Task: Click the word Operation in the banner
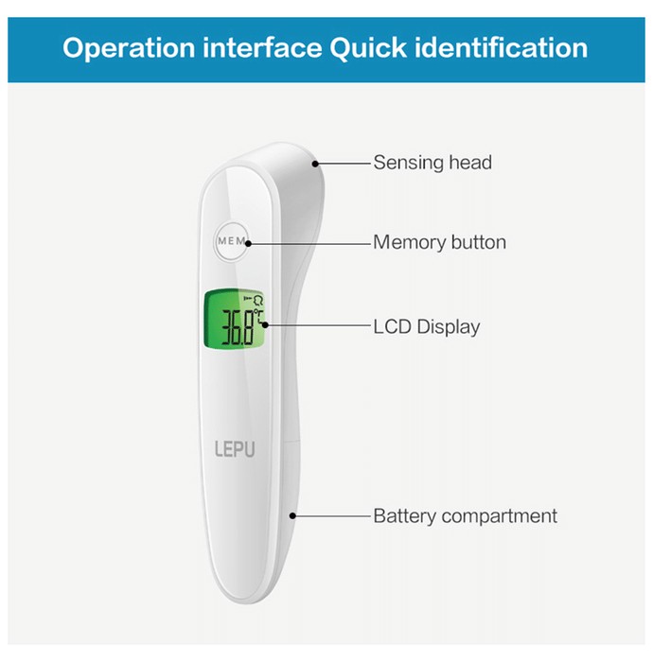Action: [129, 48]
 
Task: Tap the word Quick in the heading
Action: [368, 47]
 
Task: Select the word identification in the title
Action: [502, 47]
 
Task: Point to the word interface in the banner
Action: [262, 47]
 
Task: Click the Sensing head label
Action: [432, 163]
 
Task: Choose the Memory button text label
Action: [439, 242]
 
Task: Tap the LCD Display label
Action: [427, 327]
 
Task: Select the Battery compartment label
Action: [465, 516]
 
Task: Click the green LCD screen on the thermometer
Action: [234, 320]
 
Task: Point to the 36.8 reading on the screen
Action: [238, 327]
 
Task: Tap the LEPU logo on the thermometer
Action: [235, 449]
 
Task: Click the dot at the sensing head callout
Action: [315, 164]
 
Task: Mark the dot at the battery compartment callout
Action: [292, 516]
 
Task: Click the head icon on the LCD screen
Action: [257, 300]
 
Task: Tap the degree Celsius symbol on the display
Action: [258, 318]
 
